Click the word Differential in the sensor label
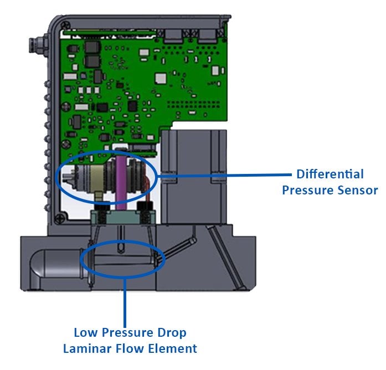[x=330, y=174]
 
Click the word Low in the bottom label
[x=85, y=333]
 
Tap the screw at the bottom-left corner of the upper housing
[x=58, y=217]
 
